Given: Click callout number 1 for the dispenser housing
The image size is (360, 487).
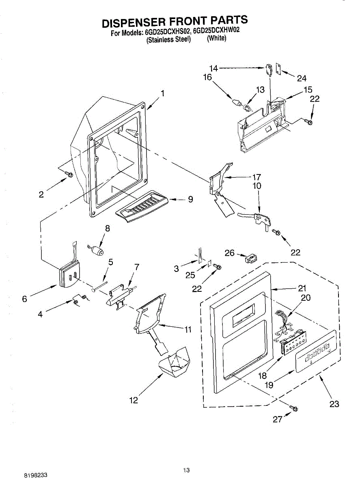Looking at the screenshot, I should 162,93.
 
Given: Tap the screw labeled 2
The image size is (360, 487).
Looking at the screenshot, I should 69,175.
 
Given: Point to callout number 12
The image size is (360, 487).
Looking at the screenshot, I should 134,400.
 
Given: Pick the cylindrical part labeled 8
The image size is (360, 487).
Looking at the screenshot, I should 97,251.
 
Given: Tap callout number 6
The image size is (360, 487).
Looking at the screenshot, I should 25,299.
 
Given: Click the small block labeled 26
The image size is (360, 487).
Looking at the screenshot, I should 251,258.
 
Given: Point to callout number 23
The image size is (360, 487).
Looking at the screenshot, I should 334,404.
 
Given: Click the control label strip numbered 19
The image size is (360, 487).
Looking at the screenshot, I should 316,351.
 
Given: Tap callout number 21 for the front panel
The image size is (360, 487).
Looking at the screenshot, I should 302,289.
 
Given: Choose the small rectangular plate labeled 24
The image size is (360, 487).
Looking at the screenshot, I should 278,69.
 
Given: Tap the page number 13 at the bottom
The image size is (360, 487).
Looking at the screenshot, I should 186,470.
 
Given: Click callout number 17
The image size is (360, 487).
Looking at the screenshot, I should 256,177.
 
